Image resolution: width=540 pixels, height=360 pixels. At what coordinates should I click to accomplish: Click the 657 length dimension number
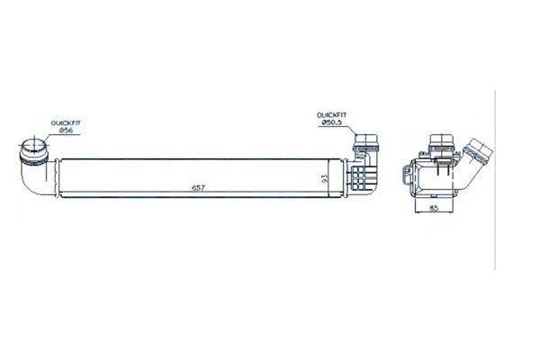(198, 188)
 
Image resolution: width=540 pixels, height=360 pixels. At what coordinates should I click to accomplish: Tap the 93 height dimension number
(324, 178)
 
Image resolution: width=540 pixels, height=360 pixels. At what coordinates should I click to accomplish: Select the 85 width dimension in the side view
(434, 208)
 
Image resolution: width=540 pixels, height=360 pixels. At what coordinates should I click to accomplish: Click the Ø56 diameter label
(66, 130)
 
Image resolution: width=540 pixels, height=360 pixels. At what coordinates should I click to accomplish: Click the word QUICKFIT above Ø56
(66, 123)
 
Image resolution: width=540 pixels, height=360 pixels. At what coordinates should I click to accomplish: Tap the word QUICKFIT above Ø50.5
(332, 115)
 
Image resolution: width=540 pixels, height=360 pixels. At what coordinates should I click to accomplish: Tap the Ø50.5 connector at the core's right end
(366, 142)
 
